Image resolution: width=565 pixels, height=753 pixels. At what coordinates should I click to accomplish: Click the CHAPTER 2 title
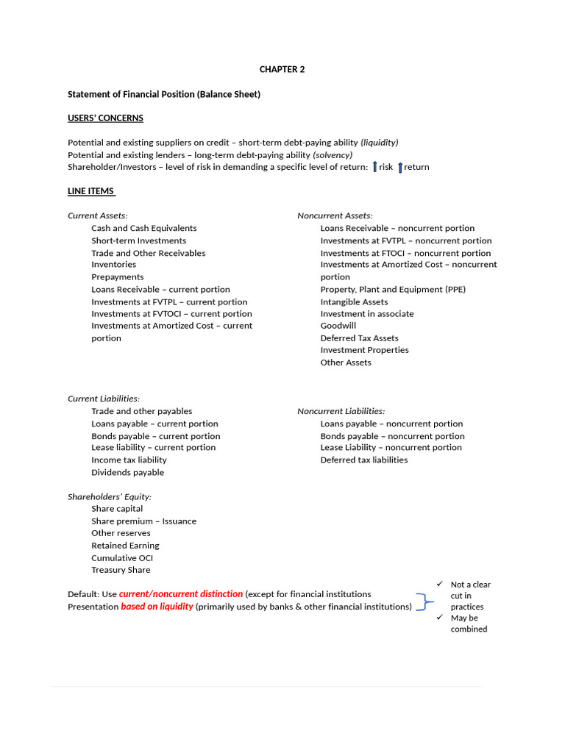tap(282, 69)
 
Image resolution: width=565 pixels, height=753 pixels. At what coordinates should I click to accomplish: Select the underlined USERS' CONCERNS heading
tap(105, 118)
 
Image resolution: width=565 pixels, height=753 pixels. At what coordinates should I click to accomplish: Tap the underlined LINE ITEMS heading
tap(91, 191)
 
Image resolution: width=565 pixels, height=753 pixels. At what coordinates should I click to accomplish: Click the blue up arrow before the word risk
tap(374, 167)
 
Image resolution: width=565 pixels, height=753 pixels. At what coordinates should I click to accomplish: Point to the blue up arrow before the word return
tap(400, 167)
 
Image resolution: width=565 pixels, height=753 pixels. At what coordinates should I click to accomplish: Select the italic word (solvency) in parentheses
tap(333, 155)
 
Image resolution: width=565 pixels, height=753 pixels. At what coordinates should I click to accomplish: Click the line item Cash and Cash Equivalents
tap(143, 228)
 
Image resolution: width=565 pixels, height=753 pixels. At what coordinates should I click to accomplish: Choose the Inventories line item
tap(113, 264)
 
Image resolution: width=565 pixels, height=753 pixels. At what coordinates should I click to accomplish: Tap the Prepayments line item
tap(117, 276)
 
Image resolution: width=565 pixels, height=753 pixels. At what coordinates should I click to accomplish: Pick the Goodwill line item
tap(338, 326)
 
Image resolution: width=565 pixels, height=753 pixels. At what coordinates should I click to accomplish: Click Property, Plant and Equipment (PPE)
tap(393, 289)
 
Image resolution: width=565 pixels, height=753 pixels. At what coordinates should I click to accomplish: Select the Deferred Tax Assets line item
tap(359, 338)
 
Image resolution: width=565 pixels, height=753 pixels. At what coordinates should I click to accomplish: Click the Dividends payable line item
tap(127, 472)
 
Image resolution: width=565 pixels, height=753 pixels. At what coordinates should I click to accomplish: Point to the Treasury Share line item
tap(121, 570)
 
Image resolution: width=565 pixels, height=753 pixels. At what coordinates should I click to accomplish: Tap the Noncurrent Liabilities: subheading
tap(341, 411)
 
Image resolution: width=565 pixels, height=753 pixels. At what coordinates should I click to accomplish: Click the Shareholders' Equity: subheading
tap(110, 496)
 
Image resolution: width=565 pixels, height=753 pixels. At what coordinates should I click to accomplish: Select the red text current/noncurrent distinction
tap(181, 593)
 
